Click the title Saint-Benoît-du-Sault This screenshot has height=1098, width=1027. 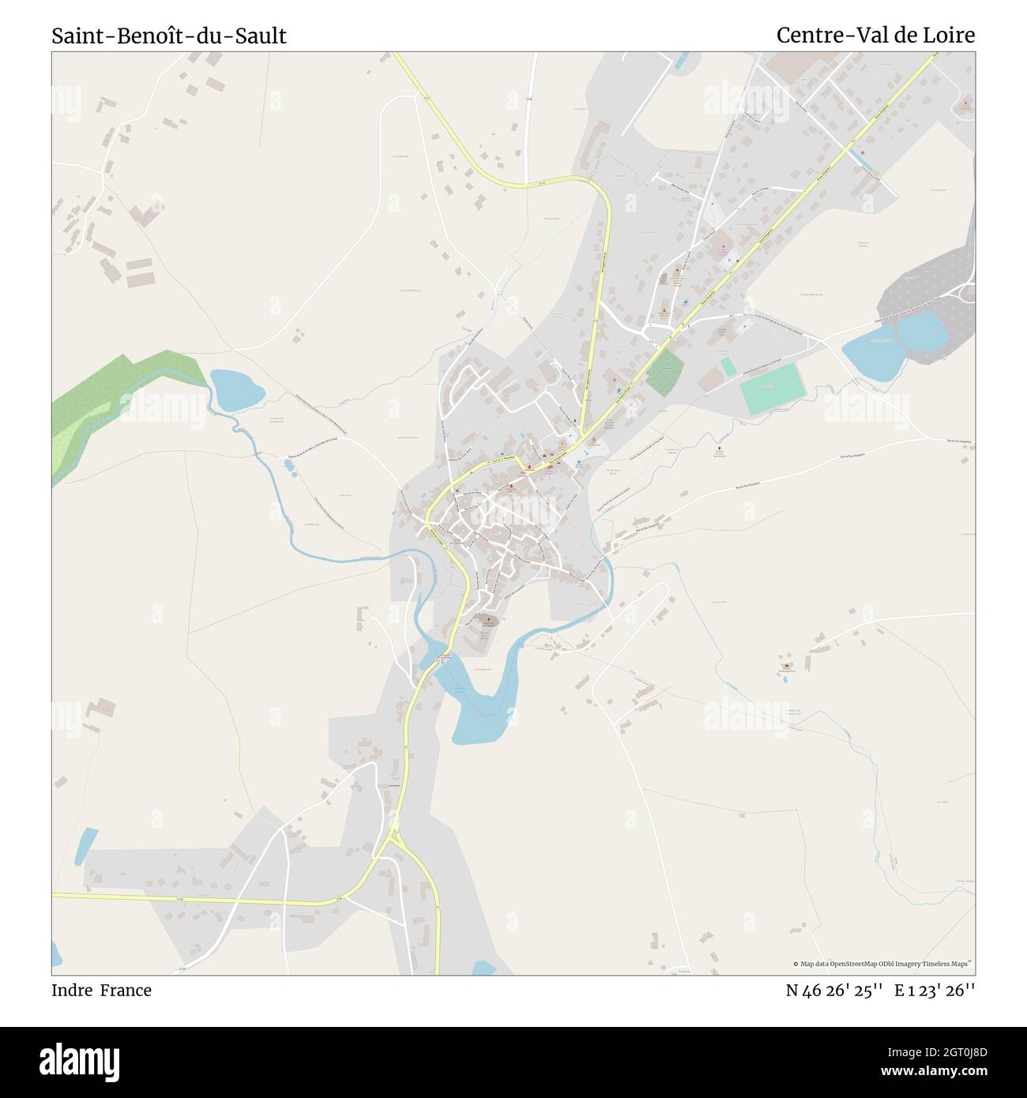coord(169,36)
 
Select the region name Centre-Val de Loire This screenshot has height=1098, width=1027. coord(875,36)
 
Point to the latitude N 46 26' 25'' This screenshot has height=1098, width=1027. coord(834,990)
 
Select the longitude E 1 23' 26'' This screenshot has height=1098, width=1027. coord(935,990)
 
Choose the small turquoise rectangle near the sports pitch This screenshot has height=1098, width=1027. coord(728,367)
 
